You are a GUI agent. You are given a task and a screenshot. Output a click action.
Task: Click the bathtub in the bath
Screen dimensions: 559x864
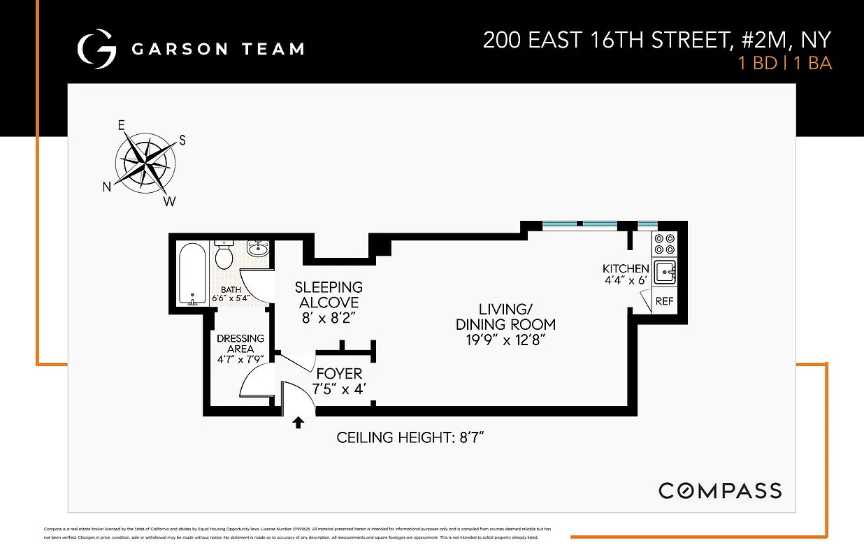coord(192,273)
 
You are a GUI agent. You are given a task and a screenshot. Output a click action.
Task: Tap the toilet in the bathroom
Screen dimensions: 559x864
coord(224,256)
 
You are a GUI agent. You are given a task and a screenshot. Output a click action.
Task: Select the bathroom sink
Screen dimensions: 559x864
coord(258,248)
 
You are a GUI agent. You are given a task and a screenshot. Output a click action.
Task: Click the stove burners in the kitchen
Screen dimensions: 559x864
coord(664,243)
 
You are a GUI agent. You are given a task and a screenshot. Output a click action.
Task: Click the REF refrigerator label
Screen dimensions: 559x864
coord(663,301)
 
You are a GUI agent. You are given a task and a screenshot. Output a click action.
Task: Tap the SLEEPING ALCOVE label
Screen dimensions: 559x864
coord(329,295)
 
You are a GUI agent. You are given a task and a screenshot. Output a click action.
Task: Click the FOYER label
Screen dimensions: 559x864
coord(339,374)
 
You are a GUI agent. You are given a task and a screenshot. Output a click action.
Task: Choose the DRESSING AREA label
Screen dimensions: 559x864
coord(240,344)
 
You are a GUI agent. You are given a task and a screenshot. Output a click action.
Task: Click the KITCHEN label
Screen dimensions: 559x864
coord(626,269)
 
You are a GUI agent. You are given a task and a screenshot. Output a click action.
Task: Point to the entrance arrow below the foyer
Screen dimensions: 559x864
coord(298,422)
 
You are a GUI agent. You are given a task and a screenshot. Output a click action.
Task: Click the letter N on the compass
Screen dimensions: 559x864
coord(107,187)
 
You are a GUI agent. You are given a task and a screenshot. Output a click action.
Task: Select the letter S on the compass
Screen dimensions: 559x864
coord(182,140)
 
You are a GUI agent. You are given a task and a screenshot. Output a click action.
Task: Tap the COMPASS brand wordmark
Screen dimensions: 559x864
coord(720,491)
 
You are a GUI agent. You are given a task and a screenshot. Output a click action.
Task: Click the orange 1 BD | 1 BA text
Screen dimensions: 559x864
coord(785,63)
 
